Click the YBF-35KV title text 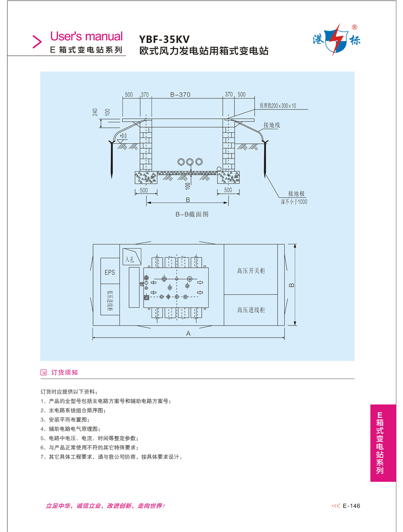pos(165,39)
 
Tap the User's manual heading pos(86,36)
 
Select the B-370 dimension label pos(180,94)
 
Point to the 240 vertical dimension pos(95,112)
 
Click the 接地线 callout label pos(271,125)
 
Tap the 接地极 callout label pos(297,194)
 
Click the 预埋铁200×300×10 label pos(278,106)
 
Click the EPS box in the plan pos(110,272)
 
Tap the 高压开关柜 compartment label pos(251,270)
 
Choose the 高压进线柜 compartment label pos(251,310)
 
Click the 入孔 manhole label pos(130,258)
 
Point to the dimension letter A pos(188,334)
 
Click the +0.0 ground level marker pos(123,136)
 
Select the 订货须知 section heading pos(65,372)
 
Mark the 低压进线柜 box pos(110,301)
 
